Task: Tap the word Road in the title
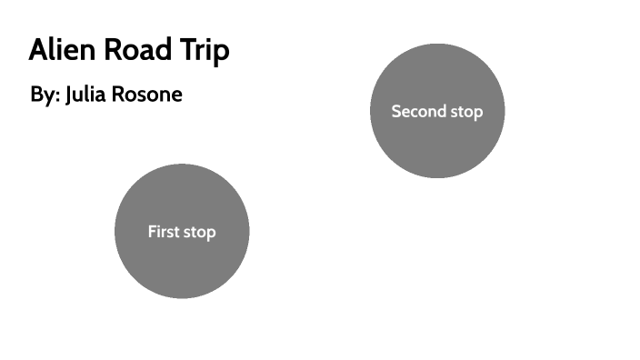click(x=139, y=51)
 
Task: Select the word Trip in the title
click(x=205, y=52)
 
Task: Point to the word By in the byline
click(x=42, y=95)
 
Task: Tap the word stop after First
click(x=200, y=233)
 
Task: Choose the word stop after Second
click(x=464, y=112)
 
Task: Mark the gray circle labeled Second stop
click(x=437, y=145)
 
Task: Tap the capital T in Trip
click(x=189, y=51)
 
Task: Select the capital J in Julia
click(x=69, y=94)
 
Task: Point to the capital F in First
click(x=152, y=232)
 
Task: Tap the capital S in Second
click(x=396, y=111)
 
